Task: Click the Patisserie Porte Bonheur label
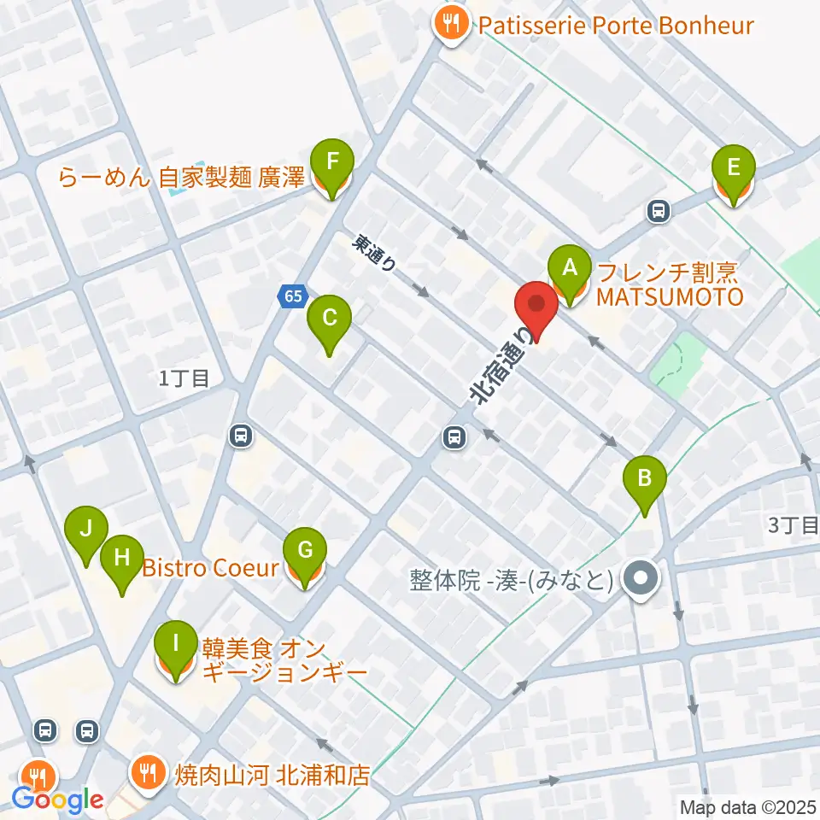[x=615, y=25]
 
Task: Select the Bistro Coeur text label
[x=210, y=567]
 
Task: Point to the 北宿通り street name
[x=504, y=363]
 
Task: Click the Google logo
[x=57, y=800]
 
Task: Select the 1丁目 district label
[x=184, y=378]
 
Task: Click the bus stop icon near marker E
[x=658, y=208]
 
